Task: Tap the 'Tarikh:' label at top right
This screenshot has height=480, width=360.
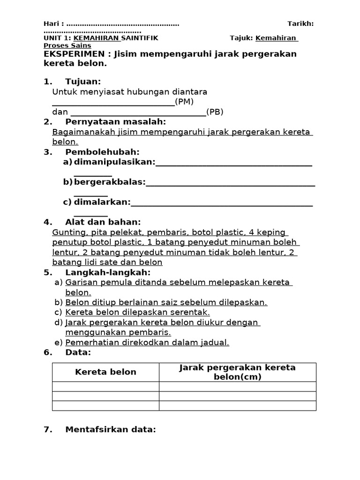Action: tap(300, 24)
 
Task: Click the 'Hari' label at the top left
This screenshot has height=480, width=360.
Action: tap(52, 24)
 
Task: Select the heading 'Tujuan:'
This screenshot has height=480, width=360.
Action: tap(83, 82)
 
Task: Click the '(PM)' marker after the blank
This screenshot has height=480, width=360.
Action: tap(184, 102)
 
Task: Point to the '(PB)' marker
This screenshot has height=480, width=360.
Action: tap(215, 112)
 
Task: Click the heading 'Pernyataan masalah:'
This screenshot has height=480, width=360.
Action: tap(116, 122)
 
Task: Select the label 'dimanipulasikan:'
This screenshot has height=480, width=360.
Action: tap(114, 162)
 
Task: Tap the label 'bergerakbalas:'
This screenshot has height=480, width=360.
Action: tap(110, 182)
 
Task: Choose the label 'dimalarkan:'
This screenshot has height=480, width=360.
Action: tap(102, 202)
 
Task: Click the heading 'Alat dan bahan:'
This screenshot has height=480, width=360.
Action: tap(103, 222)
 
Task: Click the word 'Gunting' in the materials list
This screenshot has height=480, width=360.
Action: tap(67, 232)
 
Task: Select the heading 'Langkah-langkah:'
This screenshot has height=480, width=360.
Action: tap(108, 272)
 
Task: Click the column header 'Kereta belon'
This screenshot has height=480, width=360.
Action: tap(105, 372)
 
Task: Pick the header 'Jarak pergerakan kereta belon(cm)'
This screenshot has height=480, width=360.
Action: tap(238, 372)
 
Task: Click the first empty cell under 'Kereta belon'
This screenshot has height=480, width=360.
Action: tap(105, 386)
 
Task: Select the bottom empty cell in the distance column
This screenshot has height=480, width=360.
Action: tap(238, 406)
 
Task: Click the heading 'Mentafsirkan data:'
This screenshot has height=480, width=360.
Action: tap(110, 429)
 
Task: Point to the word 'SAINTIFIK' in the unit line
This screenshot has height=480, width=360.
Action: tap(140, 38)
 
